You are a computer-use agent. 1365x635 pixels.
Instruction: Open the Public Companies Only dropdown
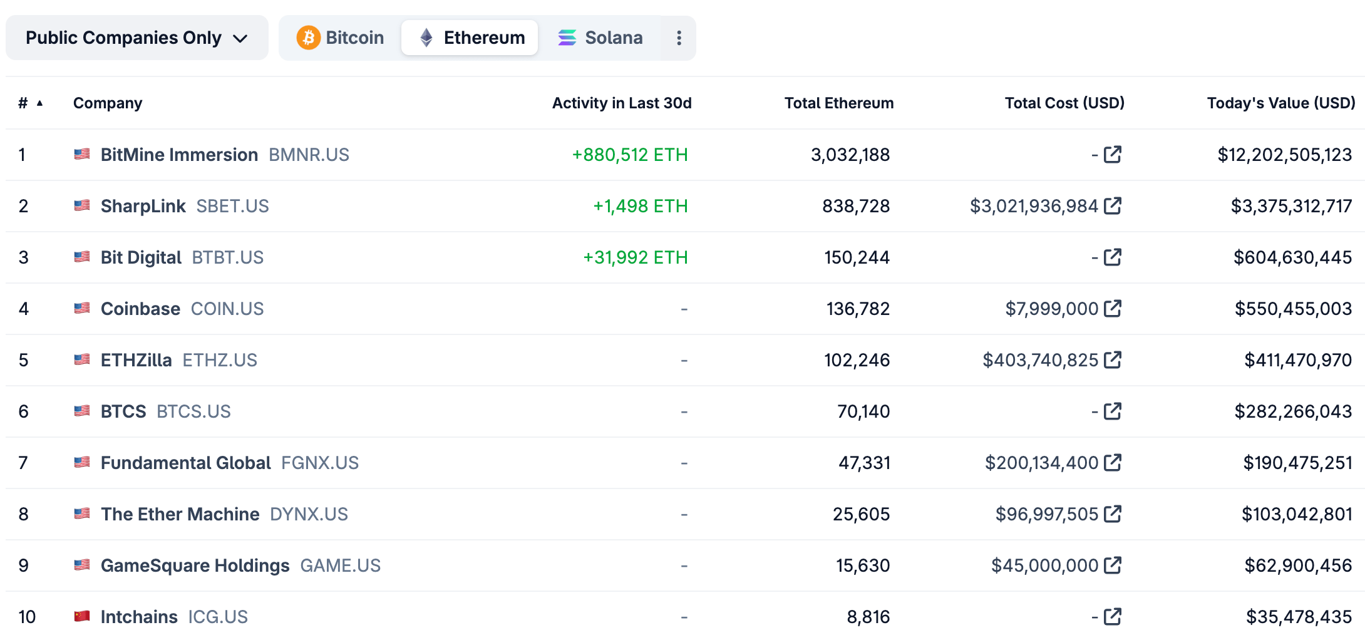coord(136,38)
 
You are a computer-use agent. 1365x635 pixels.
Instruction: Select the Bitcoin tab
coord(341,38)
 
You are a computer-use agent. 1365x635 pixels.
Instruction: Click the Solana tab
coord(600,38)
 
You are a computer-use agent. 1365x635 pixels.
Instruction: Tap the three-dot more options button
coord(679,38)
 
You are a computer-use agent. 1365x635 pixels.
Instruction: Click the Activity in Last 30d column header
coord(621,103)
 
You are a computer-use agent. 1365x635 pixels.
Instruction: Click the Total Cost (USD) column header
coord(1064,103)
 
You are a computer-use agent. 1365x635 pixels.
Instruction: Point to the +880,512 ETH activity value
coord(629,155)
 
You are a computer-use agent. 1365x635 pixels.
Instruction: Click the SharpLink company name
coord(143,206)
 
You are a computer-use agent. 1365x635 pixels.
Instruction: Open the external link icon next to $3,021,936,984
coord(1113,205)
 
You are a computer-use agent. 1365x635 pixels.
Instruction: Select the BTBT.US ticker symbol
coord(227,257)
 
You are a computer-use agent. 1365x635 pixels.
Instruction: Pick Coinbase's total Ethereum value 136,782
coord(858,309)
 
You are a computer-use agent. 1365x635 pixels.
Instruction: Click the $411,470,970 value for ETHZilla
coord(1297,360)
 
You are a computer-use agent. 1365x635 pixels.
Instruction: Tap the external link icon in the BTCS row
coord(1113,411)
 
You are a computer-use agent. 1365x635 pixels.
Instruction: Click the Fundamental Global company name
coord(185,463)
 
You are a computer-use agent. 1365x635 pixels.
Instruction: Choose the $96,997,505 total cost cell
coord(1046,514)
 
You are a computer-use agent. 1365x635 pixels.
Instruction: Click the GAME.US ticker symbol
coord(340,565)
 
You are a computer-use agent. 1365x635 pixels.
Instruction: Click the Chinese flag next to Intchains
coord(82,616)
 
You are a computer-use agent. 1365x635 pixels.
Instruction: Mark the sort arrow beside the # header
coord(39,103)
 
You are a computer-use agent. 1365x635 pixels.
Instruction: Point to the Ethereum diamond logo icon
coord(426,38)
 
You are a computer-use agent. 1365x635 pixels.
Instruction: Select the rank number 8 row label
coord(24,514)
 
